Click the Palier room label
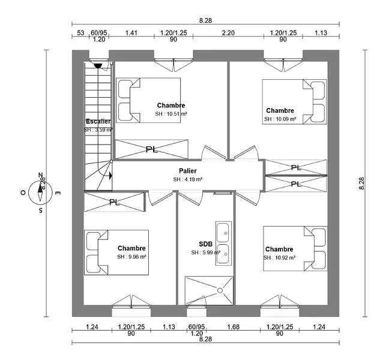click(187, 171)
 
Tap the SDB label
click(205, 244)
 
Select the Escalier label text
click(98, 121)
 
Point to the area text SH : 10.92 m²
click(280, 257)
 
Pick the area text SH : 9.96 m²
click(132, 256)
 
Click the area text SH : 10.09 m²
click(280, 119)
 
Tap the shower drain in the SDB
click(220, 290)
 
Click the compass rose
click(41, 192)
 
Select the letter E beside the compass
click(58, 193)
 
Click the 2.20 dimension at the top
click(228, 33)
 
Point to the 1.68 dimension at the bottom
click(234, 327)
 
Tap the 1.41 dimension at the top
click(131, 33)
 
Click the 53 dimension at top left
click(80, 33)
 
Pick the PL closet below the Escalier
click(114, 202)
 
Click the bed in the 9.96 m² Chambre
click(117, 252)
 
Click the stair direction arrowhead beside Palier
click(110, 176)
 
